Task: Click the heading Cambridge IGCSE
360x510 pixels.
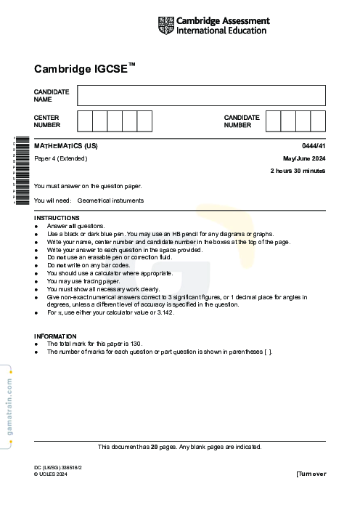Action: tap(84, 69)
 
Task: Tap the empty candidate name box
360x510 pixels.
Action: tap(201, 95)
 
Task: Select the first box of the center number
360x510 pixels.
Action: tap(84, 121)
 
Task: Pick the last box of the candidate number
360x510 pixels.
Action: tap(318, 121)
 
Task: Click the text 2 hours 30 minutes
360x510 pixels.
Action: tap(298, 171)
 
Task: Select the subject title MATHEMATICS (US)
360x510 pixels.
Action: tap(66, 146)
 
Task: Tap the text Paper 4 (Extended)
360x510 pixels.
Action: tap(60, 158)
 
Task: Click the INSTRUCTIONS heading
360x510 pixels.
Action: tap(57, 218)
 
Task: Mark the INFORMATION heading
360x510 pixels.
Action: tap(55, 336)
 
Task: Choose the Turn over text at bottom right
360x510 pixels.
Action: tap(311, 474)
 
